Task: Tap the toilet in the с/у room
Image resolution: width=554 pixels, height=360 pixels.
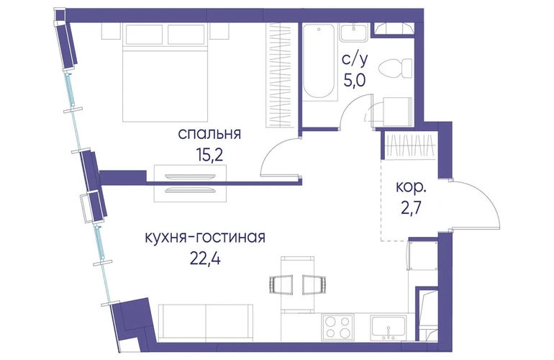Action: pyautogui.click(x=395, y=68)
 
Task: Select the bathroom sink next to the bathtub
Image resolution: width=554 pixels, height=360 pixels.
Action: pyautogui.click(x=355, y=32)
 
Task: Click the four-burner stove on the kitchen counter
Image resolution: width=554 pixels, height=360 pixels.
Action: pyautogui.click(x=337, y=327)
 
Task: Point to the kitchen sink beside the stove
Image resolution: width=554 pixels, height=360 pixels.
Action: pyautogui.click(x=388, y=328)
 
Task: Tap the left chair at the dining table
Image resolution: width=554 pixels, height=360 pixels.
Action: pyautogui.click(x=281, y=284)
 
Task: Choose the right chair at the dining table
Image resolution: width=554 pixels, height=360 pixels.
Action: pyautogui.click(x=314, y=284)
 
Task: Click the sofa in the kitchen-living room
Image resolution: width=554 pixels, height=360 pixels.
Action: pyautogui.click(x=206, y=323)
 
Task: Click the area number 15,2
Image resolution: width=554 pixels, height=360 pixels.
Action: pyautogui.click(x=210, y=155)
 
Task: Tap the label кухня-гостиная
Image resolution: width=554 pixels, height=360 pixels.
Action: pyautogui.click(x=205, y=238)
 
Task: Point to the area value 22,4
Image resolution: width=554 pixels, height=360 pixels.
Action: pyautogui.click(x=205, y=259)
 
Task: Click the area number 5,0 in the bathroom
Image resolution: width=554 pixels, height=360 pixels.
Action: pyautogui.click(x=355, y=80)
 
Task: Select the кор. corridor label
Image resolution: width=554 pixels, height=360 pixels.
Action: pyautogui.click(x=411, y=187)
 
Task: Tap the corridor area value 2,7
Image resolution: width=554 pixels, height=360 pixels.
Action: pyautogui.click(x=411, y=209)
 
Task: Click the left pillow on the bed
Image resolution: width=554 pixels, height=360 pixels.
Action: pyautogui.click(x=144, y=35)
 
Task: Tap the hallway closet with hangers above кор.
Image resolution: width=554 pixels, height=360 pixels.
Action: pyautogui.click(x=410, y=146)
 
